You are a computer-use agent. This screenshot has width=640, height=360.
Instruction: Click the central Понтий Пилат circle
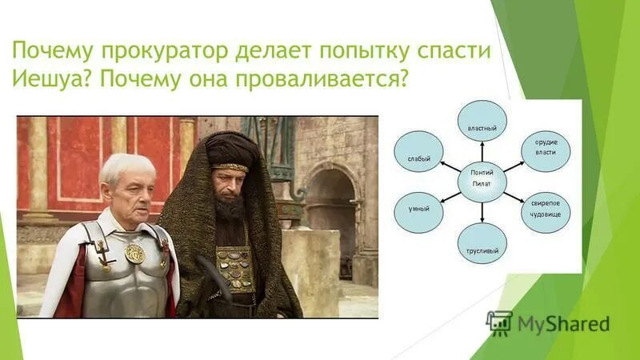[x=482, y=179]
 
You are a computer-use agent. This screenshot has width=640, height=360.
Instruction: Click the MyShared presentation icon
[x=499, y=322]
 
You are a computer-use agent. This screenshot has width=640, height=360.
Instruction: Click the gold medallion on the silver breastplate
[x=135, y=254]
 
